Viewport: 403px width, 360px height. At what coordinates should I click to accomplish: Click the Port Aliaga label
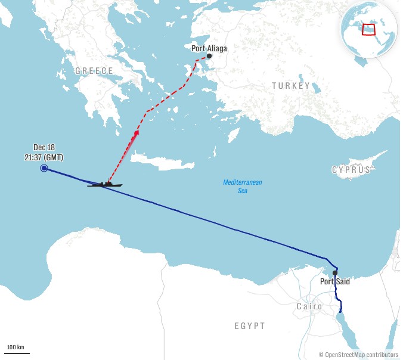point(209,48)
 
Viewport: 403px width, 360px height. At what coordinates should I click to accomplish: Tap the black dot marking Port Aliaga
point(209,57)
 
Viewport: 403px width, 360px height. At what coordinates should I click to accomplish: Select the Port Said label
point(335,281)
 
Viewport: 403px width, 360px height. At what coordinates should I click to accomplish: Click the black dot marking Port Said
point(335,273)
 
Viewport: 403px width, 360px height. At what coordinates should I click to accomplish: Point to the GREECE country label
point(94,71)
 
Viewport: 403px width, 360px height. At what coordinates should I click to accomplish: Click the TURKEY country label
point(291,86)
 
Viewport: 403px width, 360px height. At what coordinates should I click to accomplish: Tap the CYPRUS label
point(351,170)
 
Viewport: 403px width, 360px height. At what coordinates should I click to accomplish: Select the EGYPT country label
point(249,326)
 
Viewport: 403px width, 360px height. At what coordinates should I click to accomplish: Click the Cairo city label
point(309,306)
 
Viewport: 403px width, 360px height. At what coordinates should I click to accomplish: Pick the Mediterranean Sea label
point(243,186)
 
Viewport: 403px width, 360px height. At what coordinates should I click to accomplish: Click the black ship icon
point(105,184)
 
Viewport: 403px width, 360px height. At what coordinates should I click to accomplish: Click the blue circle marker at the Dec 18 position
point(44,169)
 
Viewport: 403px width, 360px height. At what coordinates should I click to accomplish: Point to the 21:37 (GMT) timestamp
point(44,157)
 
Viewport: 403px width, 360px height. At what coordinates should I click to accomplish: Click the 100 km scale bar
point(18,353)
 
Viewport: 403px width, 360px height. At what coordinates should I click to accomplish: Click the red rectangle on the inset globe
point(370,29)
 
